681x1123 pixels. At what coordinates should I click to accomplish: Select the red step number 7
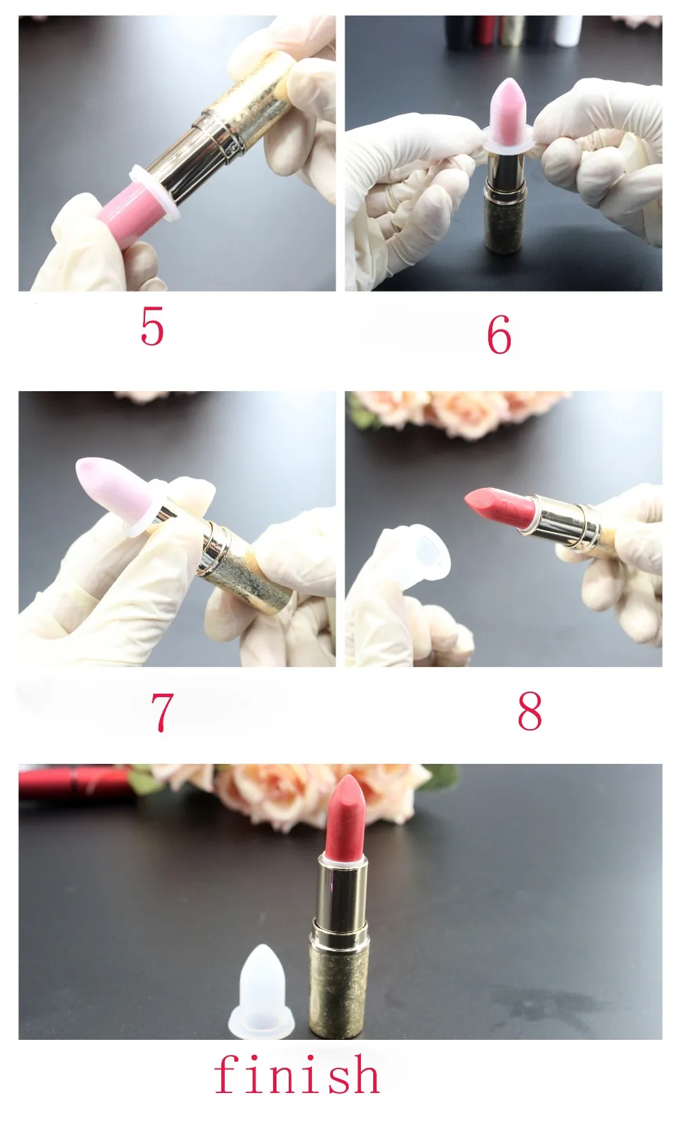click(x=162, y=712)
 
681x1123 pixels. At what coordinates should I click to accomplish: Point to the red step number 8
click(x=530, y=710)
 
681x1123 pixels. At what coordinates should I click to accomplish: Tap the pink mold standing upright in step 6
click(x=507, y=113)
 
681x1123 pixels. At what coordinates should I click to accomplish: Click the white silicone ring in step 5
click(x=153, y=193)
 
